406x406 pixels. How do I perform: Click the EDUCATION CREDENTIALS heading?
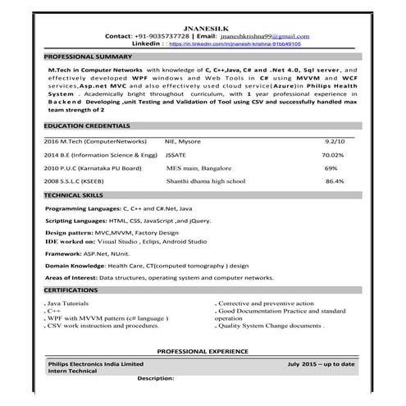tap(87, 126)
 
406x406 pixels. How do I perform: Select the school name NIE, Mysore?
tap(183, 141)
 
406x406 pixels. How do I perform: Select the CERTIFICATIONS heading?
tap(71, 290)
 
